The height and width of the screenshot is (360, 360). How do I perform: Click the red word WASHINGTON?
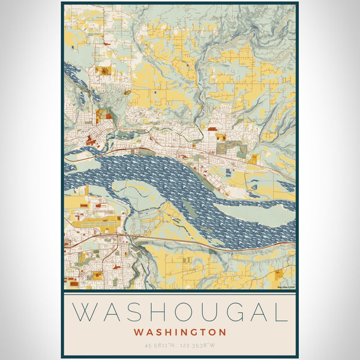[x=180, y=332]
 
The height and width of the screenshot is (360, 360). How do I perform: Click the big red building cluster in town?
[x=91, y=141]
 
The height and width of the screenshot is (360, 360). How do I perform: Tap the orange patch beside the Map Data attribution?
[x=279, y=275]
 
